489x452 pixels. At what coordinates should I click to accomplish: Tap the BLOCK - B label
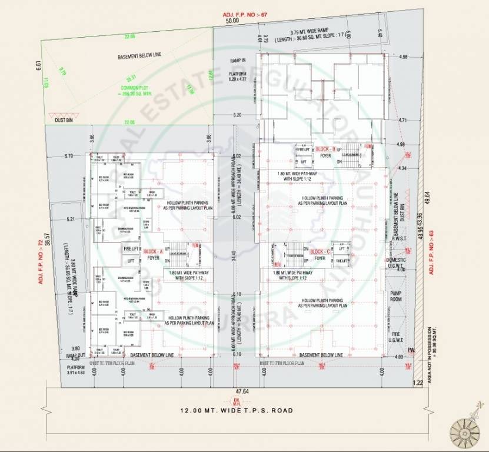point(325,149)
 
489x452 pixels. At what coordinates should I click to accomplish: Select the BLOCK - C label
point(321,251)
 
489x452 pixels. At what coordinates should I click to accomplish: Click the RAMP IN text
point(238,61)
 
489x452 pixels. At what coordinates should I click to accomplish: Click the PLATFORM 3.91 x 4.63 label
point(75,370)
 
